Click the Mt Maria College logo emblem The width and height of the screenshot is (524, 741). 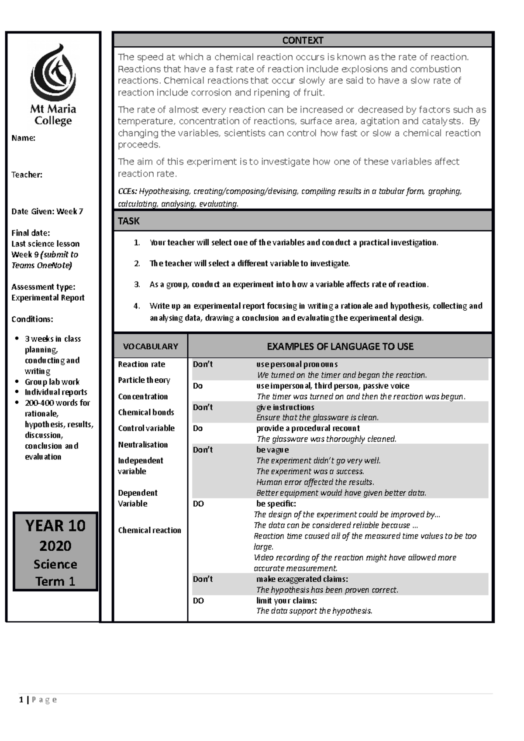click(x=53, y=72)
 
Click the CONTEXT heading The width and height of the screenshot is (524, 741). click(x=303, y=41)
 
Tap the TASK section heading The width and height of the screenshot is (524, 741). click(x=129, y=221)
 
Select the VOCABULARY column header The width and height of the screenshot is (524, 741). click(x=150, y=346)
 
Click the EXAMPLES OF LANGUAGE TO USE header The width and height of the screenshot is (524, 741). click(x=340, y=346)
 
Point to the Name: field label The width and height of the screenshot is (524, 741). click(x=23, y=138)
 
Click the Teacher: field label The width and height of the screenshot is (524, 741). click(x=27, y=175)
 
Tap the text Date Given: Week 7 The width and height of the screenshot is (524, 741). click(x=47, y=212)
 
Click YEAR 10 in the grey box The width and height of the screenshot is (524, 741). click(x=55, y=526)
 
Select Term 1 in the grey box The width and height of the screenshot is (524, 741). click(x=55, y=582)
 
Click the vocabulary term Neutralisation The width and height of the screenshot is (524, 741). click(x=143, y=445)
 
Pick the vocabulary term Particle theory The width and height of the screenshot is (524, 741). click(x=144, y=380)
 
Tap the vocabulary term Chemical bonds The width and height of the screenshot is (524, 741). click(x=146, y=412)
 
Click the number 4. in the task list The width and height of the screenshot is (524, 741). click(x=137, y=306)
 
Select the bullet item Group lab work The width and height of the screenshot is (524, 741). click(x=52, y=382)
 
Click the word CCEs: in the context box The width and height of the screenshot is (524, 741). click(x=128, y=192)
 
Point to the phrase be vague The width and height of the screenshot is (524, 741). click(x=272, y=450)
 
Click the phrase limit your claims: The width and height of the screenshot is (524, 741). click(x=286, y=601)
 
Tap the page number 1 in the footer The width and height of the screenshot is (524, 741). click(x=21, y=700)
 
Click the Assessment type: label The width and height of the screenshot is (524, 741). click(x=43, y=287)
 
